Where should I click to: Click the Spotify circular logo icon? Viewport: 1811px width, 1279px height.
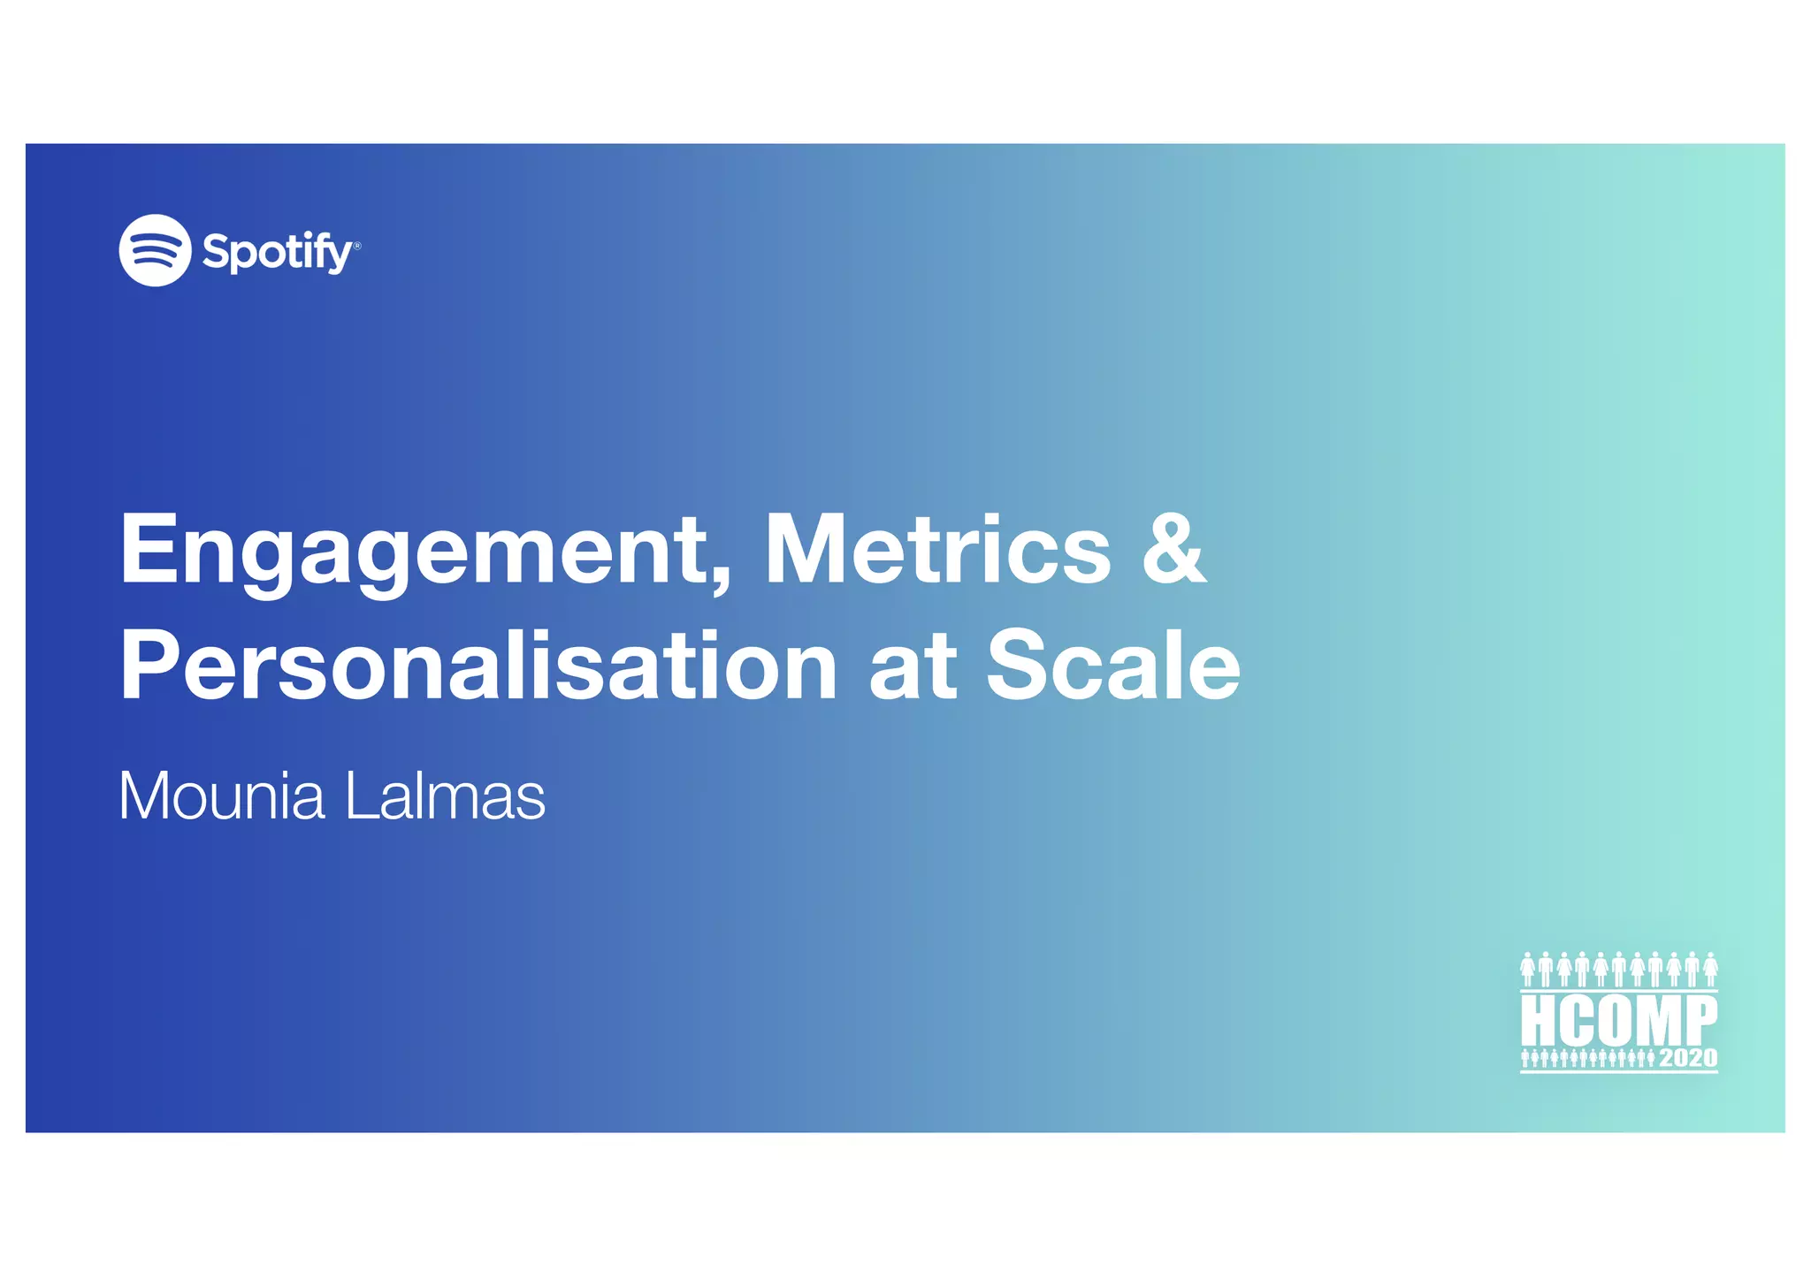(155, 250)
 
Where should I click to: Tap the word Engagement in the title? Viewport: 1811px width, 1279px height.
(416, 551)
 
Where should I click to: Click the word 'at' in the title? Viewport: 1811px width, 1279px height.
(912, 666)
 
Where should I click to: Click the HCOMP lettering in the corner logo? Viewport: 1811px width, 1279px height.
(1618, 1020)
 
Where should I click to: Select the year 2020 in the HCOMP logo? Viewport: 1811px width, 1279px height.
(1688, 1058)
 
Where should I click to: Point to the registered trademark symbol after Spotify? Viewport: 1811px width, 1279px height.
(357, 246)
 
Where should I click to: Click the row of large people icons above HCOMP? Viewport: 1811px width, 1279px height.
(1618, 970)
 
